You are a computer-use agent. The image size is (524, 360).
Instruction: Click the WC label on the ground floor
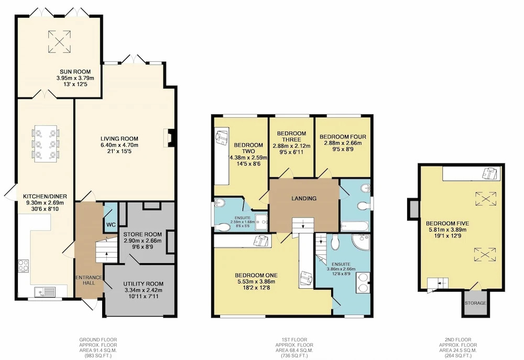[x=111, y=225]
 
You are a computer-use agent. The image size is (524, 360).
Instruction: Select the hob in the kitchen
[x=24, y=266]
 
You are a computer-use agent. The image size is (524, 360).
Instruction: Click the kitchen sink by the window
[x=46, y=292]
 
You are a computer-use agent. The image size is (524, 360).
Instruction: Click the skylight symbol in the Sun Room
[x=60, y=41]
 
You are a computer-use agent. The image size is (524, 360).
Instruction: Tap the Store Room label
[x=143, y=234]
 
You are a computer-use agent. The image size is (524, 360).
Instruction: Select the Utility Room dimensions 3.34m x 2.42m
[x=144, y=290]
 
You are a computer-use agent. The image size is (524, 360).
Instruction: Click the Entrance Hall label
[x=89, y=280]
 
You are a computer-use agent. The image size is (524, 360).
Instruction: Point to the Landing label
[x=304, y=199]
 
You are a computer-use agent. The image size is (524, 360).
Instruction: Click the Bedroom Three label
[x=291, y=136]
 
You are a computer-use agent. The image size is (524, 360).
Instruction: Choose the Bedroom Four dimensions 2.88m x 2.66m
[x=343, y=143]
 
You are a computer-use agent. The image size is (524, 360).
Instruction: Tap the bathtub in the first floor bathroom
[x=355, y=226]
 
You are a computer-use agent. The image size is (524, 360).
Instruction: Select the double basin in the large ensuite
[x=363, y=283]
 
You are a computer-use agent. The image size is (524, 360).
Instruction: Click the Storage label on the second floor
[x=475, y=303]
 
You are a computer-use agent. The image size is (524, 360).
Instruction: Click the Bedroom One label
[x=256, y=276]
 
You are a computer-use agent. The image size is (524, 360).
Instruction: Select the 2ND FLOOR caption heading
[x=458, y=340]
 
